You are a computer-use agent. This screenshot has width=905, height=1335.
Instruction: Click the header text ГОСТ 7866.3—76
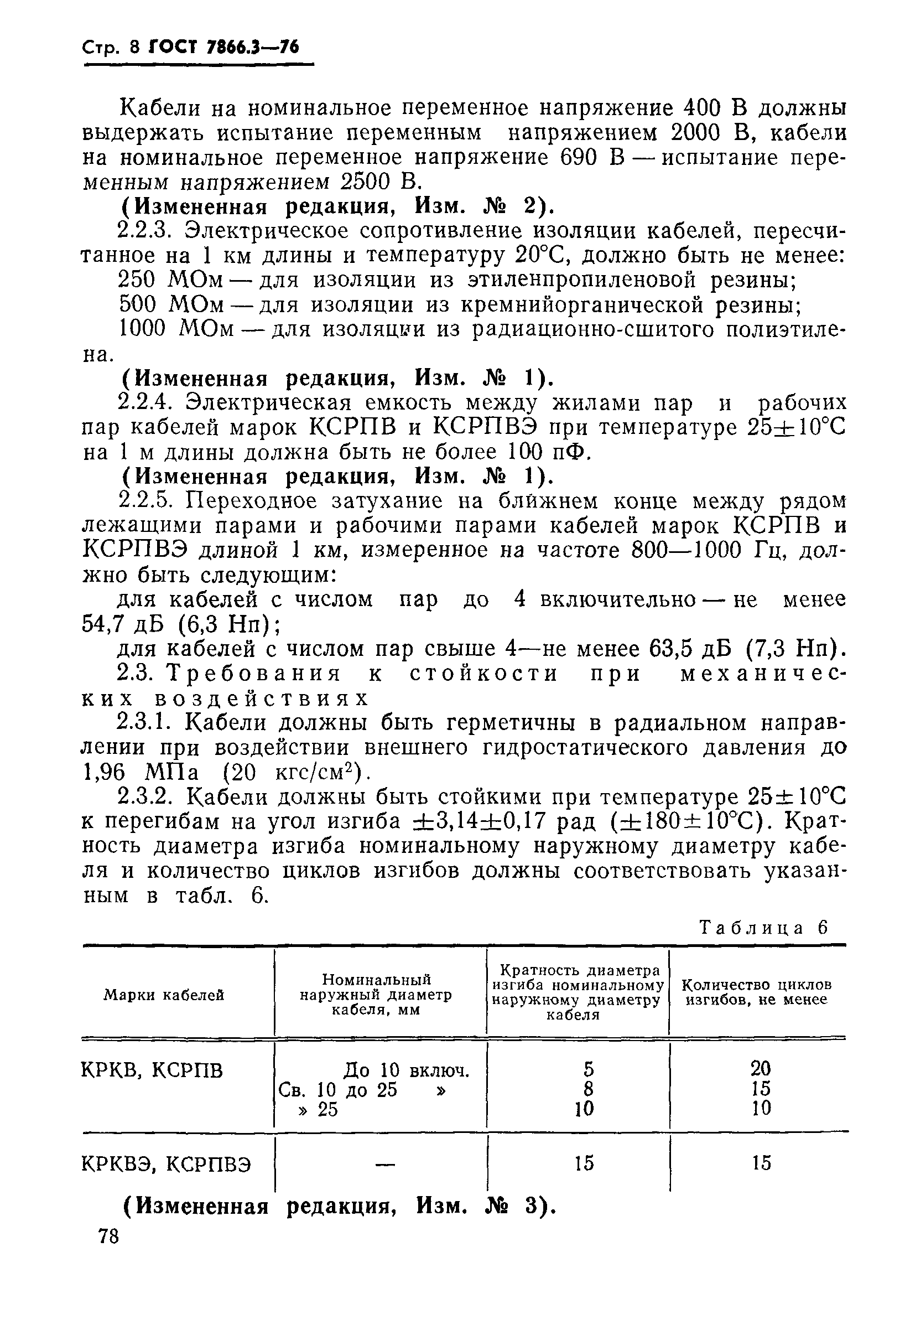coord(224,47)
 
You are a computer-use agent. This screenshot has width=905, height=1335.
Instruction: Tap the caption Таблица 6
coord(764,928)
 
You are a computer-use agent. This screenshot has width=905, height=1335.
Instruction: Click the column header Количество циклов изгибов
coord(756,992)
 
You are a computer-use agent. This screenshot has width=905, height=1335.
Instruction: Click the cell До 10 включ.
coord(406,1070)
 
